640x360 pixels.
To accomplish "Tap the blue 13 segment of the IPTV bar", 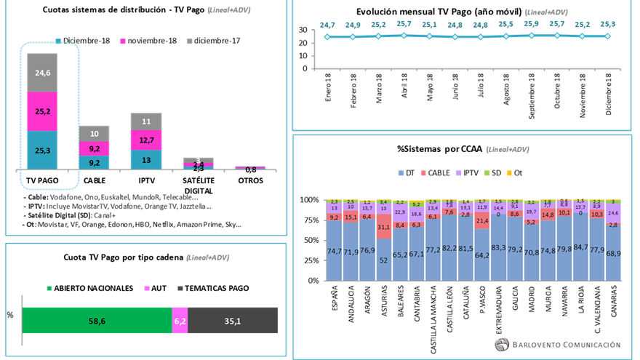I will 146,160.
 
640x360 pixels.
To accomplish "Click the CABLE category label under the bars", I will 95,180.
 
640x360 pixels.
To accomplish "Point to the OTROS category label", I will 249,180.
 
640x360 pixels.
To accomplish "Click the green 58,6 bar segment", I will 97,320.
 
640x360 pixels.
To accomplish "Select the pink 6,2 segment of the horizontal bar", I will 180,320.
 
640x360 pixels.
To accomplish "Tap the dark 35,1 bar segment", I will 233,320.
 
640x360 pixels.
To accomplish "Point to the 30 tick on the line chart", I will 303,29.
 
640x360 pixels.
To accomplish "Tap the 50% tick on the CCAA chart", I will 312,240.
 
